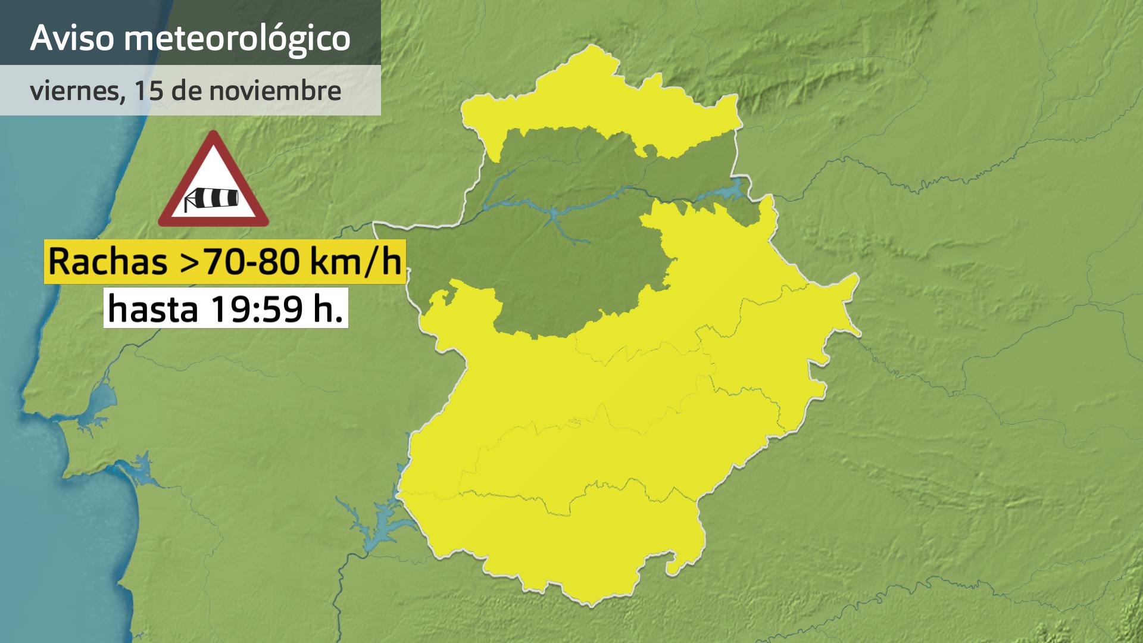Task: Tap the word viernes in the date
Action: pos(74,91)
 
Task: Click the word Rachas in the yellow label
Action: pos(108,262)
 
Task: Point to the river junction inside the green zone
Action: pos(554,214)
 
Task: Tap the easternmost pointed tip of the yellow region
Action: pos(858,331)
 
